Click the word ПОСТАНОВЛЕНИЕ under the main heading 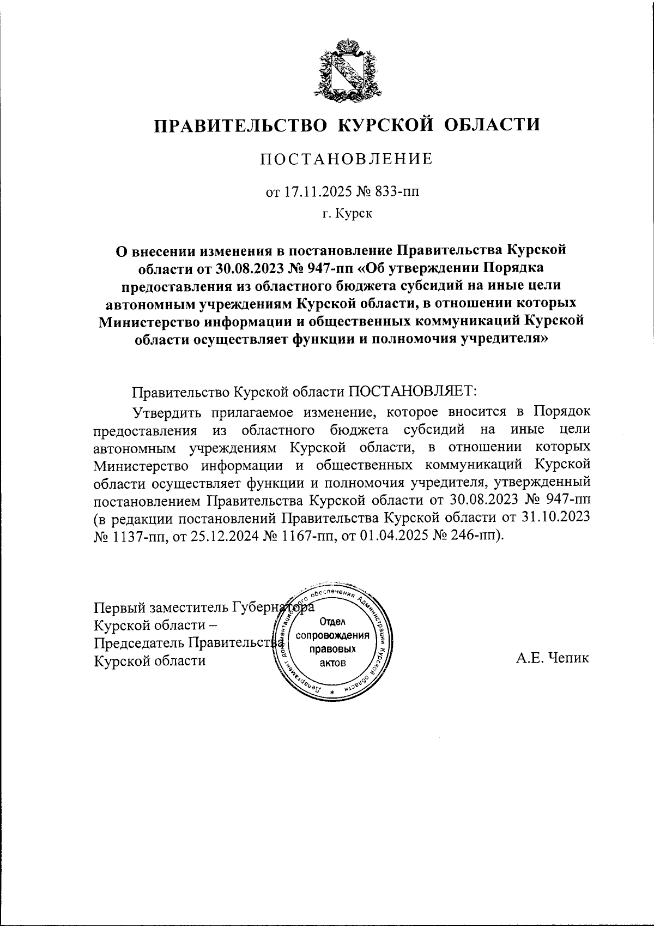click(x=347, y=159)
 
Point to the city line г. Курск click(x=347, y=214)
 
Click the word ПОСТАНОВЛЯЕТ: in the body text click(x=413, y=392)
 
